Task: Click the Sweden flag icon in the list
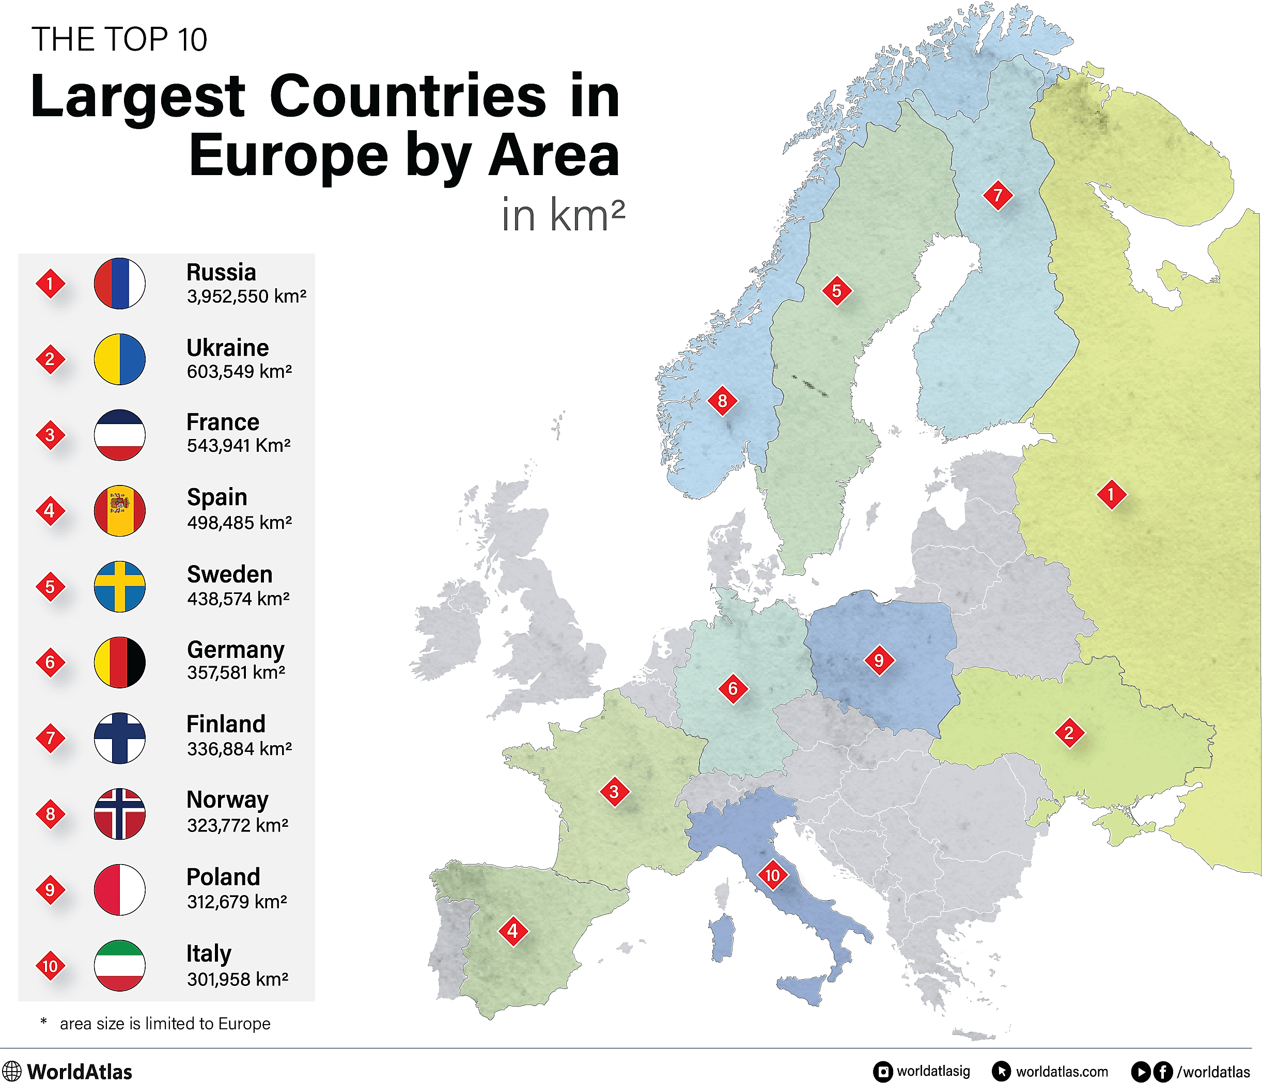tap(119, 586)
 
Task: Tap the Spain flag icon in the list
tap(119, 510)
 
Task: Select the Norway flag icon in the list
tap(119, 813)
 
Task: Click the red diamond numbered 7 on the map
tap(998, 195)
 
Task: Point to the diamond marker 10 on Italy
tap(772, 875)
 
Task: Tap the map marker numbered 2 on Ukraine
tap(1069, 733)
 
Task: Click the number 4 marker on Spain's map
tap(513, 931)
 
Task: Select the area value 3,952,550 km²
tap(246, 296)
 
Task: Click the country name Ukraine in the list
tap(227, 348)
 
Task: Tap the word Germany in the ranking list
tap(235, 650)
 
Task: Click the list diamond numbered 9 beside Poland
tap(50, 890)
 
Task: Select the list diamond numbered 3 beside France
tap(50, 435)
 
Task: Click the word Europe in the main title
tap(288, 156)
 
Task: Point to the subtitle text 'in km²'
tap(564, 215)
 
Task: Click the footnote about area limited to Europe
tap(164, 1023)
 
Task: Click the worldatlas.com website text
tap(1061, 1072)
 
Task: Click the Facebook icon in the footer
tap(1163, 1072)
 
